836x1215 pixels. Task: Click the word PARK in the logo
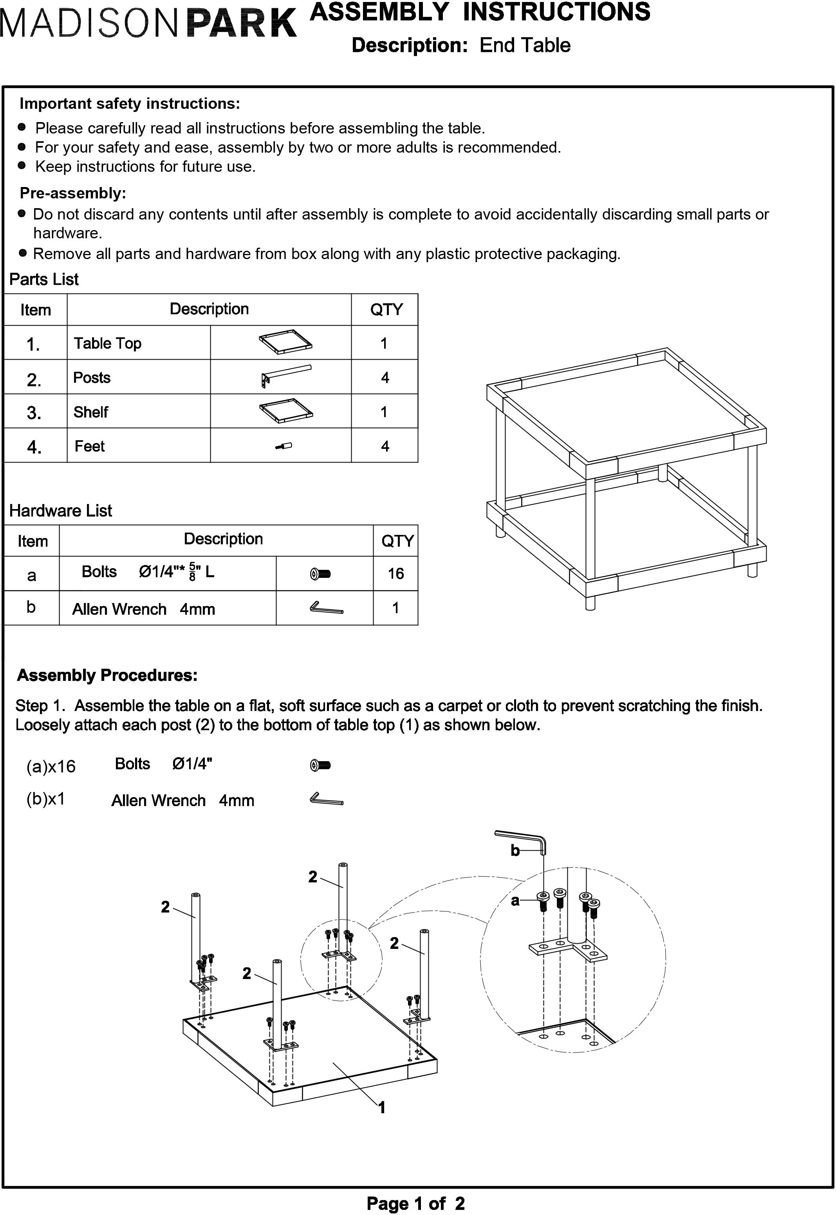tap(242, 23)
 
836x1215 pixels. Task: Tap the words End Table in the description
tap(525, 45)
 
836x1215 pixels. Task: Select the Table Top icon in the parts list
tap(285, 342)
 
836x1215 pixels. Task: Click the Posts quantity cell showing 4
tap(385, 378)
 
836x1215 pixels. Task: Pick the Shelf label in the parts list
tap(90, 412)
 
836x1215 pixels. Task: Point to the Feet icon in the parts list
tap(283, 446)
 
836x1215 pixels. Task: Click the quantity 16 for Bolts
tap(395, 574)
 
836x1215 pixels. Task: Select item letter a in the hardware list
tap(31, 575)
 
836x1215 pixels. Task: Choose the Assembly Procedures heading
tap(107, 675)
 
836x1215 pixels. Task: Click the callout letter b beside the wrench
tap(515, 851)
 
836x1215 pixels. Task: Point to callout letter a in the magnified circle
tap(515, 901)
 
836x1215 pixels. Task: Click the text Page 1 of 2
tap(415, 1204)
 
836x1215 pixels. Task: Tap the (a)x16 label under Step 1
tap(51, 767)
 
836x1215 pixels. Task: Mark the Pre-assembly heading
tap(73, 193)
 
